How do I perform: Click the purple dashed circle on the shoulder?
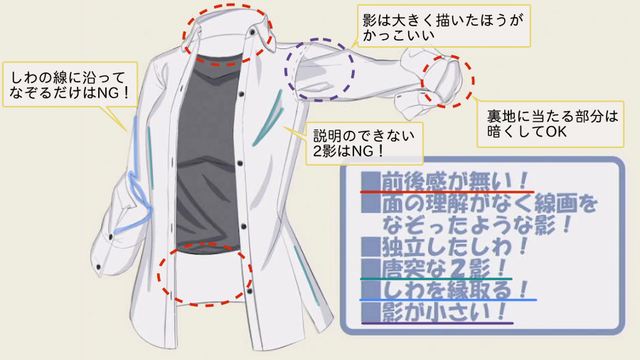(319, 69)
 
